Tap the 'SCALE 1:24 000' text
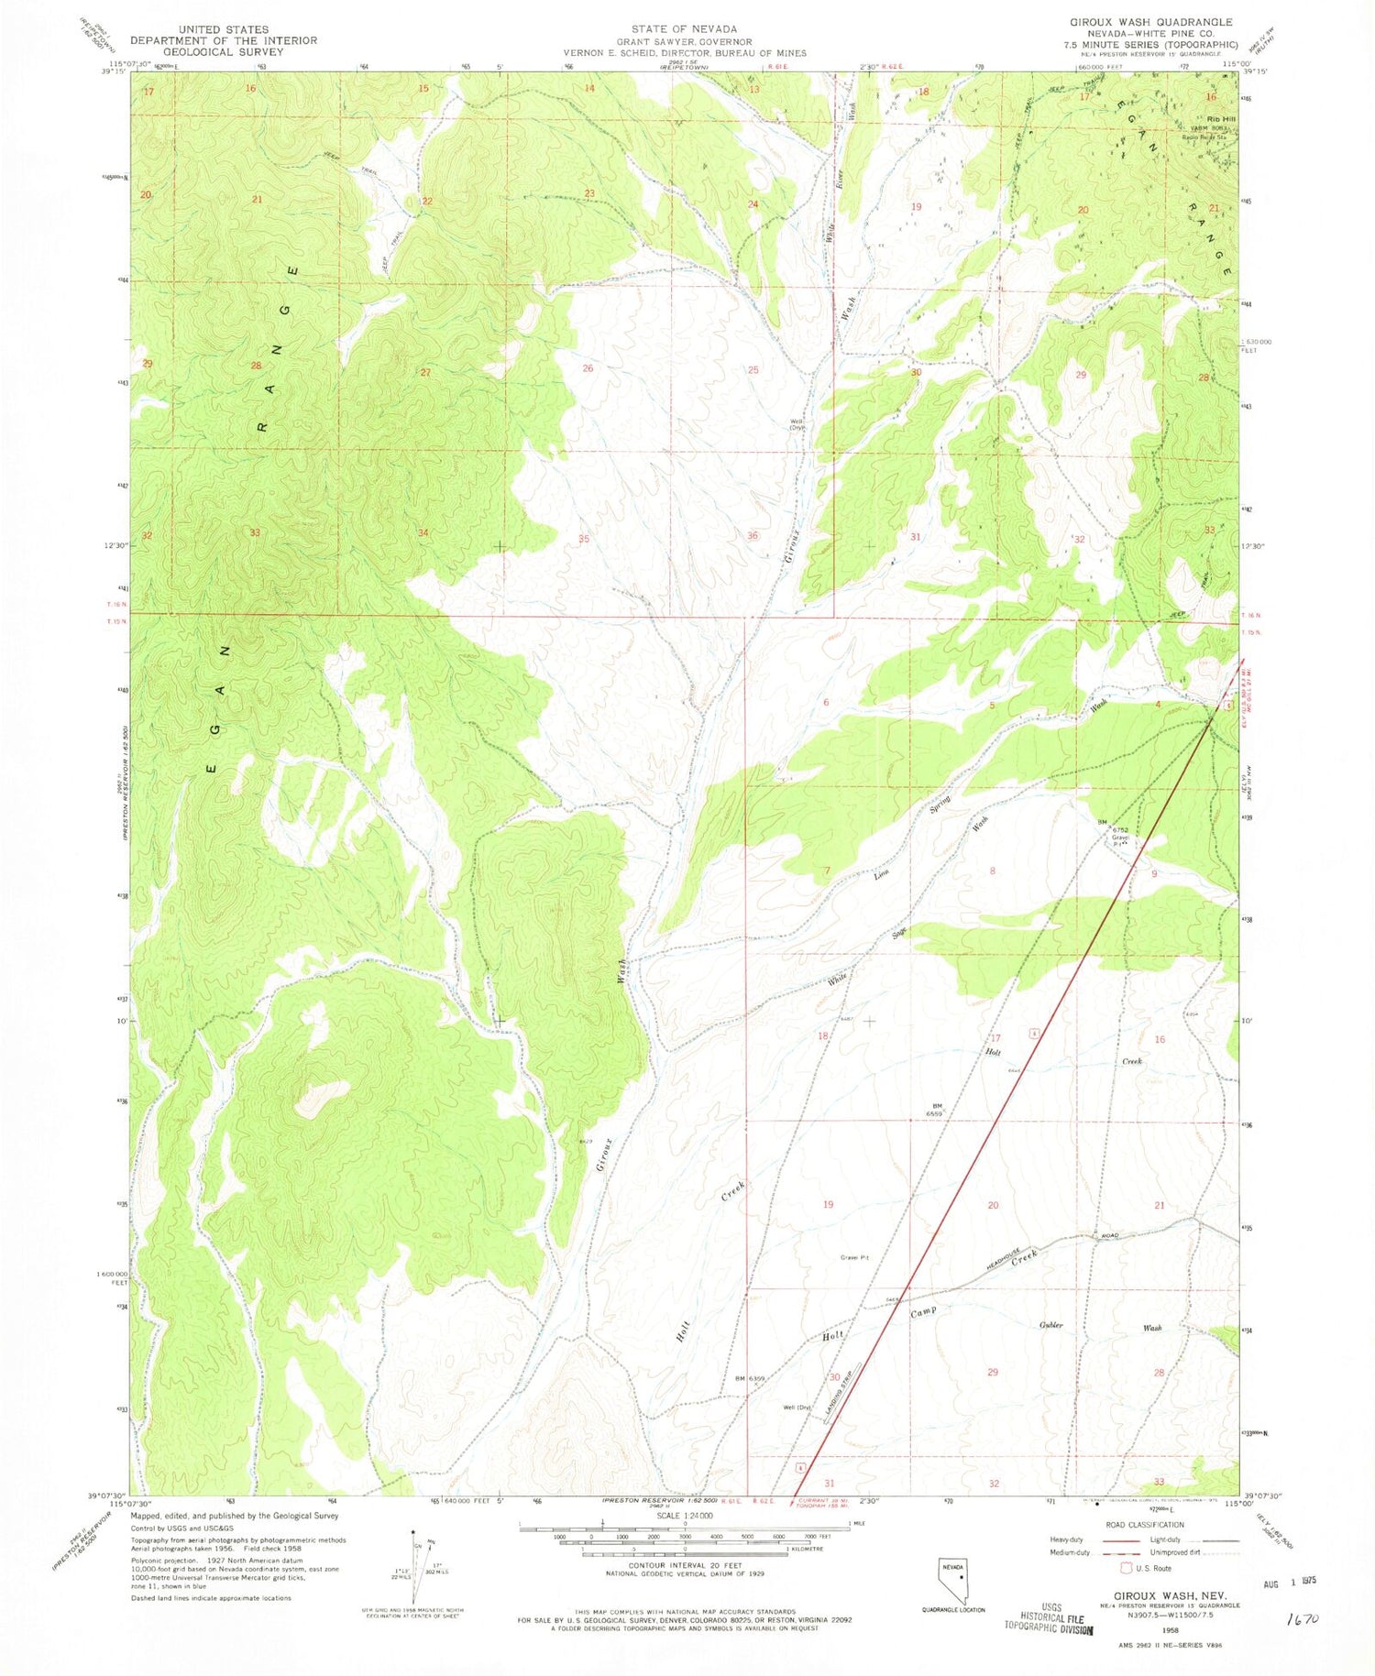[687, 1515]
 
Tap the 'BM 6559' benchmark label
[937, 1111]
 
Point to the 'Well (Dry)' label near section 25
[797, 424]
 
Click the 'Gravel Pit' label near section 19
[853, 1257]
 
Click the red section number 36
[753, 535]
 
